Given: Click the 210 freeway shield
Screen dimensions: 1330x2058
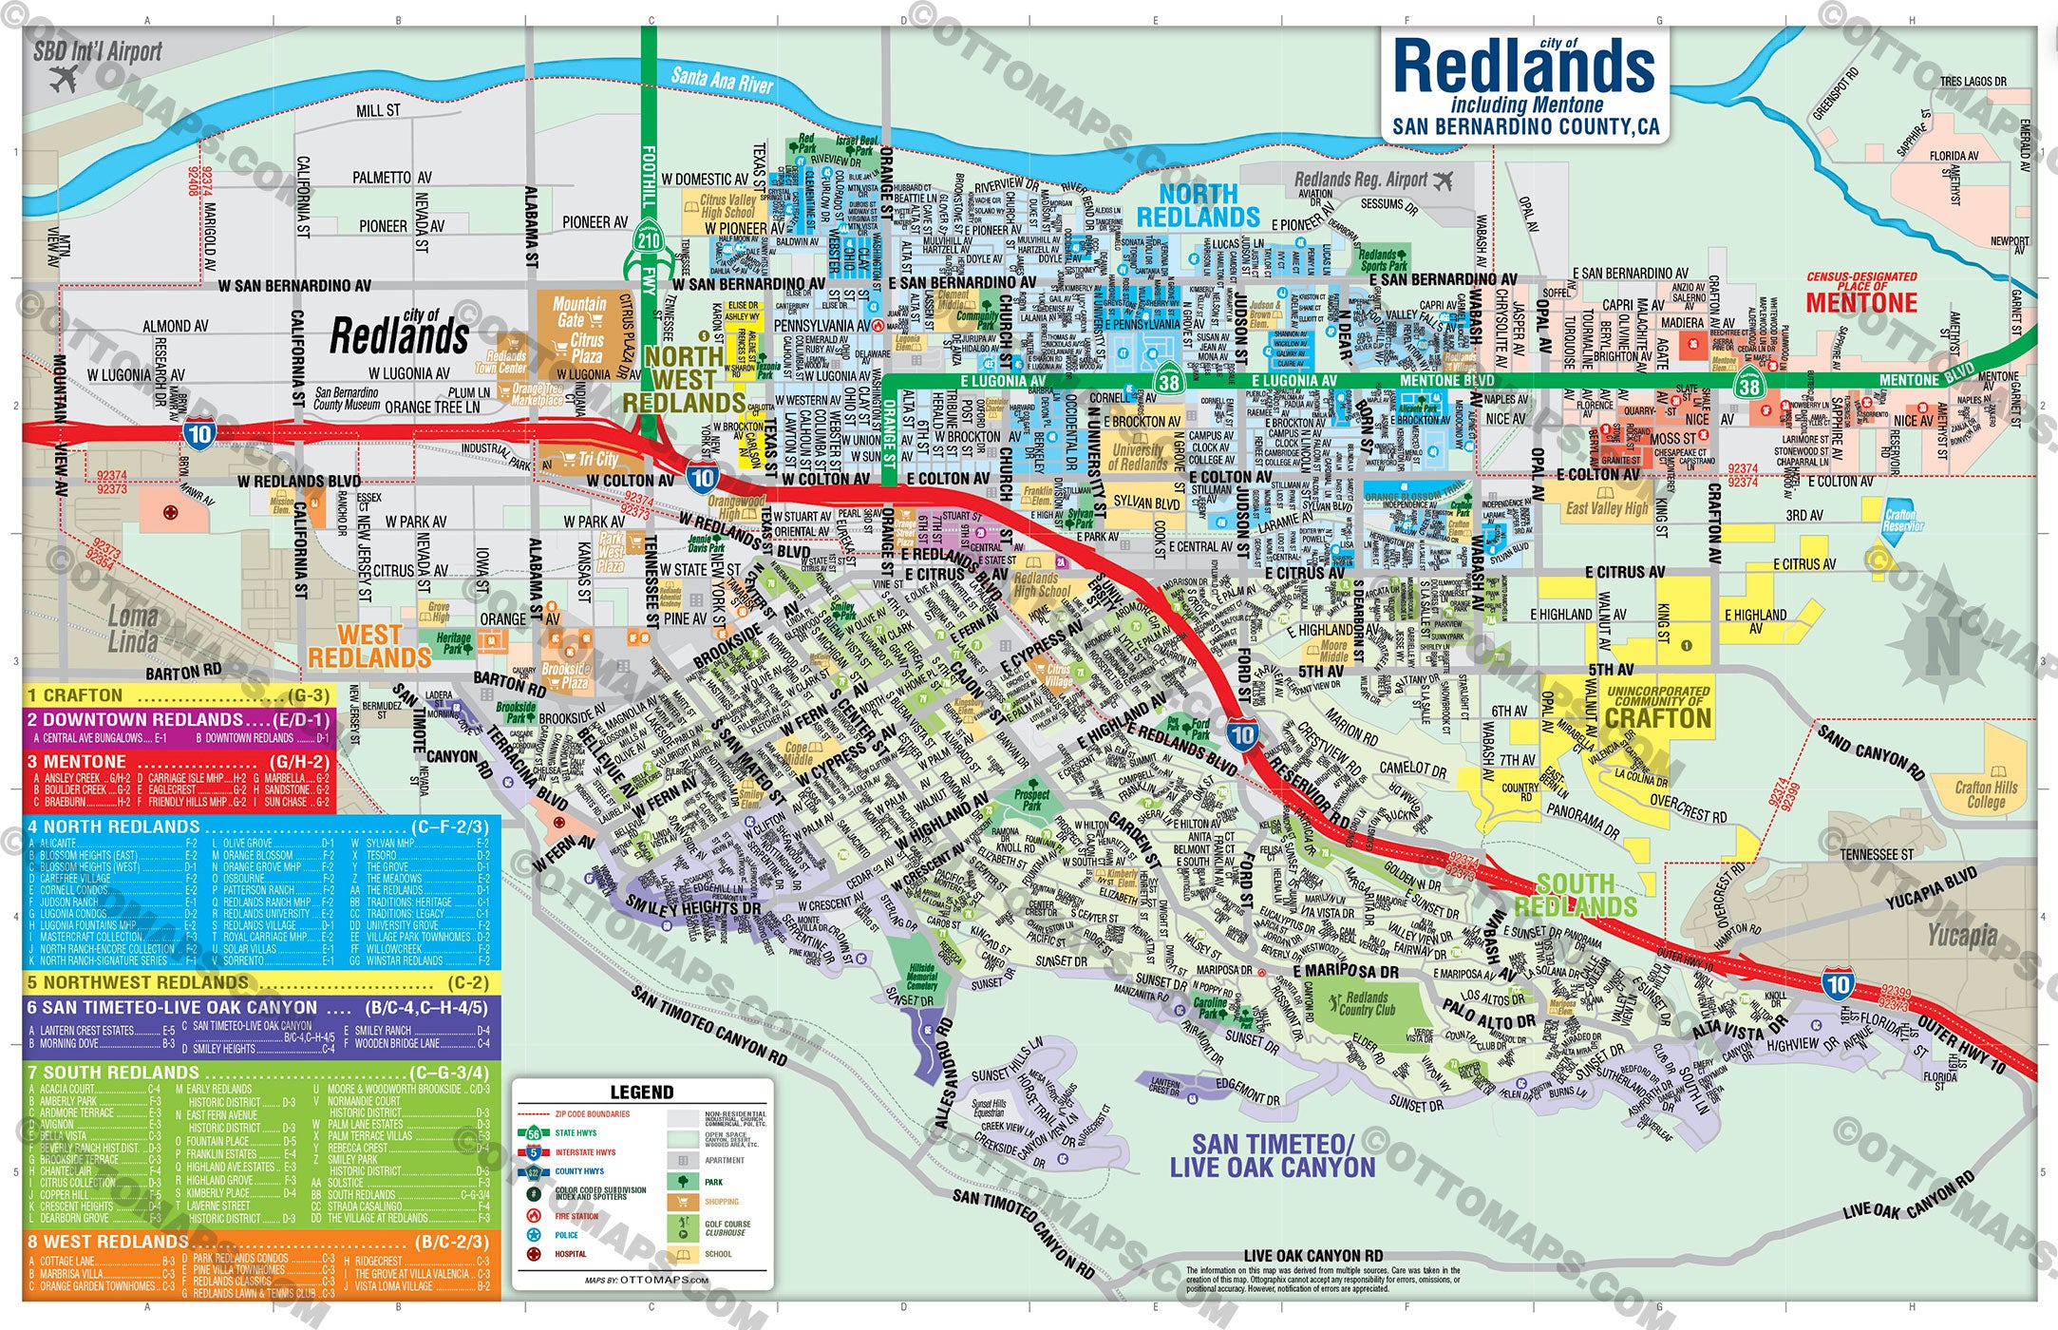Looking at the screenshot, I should [649, 240].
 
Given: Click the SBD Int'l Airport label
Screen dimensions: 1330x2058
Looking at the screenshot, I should [98, 52].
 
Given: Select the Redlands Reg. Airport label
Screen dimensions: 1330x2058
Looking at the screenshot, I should [1361, 180].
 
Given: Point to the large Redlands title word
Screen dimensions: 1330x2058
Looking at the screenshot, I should [1523, 66].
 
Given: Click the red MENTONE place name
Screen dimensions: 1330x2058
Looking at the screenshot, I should [1861, 303].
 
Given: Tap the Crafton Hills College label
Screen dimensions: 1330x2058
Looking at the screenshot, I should [1986, 794].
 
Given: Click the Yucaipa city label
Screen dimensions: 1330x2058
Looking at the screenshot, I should [1962, 936].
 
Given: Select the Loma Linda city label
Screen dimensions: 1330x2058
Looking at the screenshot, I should [133, 629].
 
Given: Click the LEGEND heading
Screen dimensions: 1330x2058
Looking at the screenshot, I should [642, 1092].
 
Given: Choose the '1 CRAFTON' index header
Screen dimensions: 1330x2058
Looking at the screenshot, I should [76, 695].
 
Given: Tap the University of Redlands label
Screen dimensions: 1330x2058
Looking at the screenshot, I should [1138, 457].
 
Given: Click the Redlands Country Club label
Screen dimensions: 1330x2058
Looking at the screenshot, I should [1368, 1004].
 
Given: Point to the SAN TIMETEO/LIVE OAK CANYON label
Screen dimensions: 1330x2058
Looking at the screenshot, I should [1273, 1156].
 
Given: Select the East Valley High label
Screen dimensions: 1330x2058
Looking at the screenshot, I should [1607, 508].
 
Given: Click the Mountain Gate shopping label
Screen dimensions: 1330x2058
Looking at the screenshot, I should [578, 312].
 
